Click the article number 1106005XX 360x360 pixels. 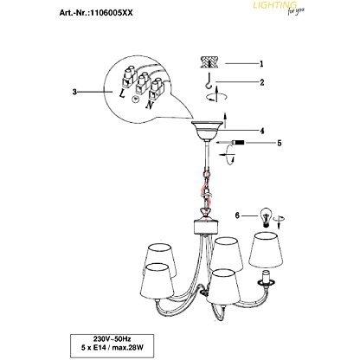[x=112, y=13]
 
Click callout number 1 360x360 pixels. [x=261, y=63]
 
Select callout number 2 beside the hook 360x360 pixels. [x=262, y=82]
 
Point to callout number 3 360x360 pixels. [x=74, y=92]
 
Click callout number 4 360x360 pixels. [x=262, y=131]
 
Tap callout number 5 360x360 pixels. [x=279, y=143]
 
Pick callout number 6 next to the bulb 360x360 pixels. [x=237, y=215]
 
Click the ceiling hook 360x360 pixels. [x=208, y=80]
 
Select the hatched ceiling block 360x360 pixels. [x=209, y=62]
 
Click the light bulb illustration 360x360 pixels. [x=266, y=216]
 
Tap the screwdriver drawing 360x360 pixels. [x=232, y=143]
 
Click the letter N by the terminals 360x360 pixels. [x=150, y=105]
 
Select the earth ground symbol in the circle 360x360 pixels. [x=135, y=99]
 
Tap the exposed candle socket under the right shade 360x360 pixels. [x=266, y=279]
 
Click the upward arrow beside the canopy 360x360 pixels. [x=225, y=120]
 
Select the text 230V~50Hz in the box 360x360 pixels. [x=112, y=337]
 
